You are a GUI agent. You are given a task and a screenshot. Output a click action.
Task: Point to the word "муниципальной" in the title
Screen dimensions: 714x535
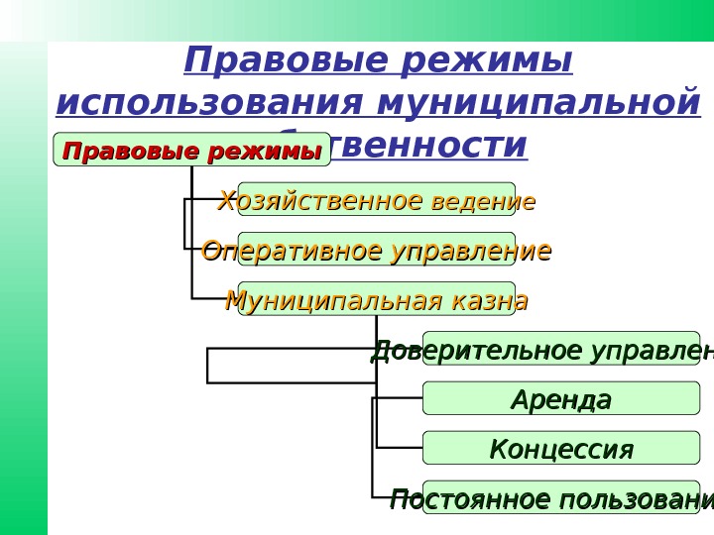coord(539,103)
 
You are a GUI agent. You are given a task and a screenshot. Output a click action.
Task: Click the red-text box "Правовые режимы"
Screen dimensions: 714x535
coord(191,151)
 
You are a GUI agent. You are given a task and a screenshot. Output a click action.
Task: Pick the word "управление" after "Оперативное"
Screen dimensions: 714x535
coord(470,252)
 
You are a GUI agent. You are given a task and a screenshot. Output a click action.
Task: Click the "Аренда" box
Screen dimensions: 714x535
coord(561,399)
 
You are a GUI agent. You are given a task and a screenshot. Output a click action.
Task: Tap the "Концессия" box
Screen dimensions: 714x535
coord(561,449)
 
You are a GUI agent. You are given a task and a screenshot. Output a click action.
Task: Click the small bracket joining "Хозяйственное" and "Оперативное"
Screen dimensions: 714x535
coord(185,224)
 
